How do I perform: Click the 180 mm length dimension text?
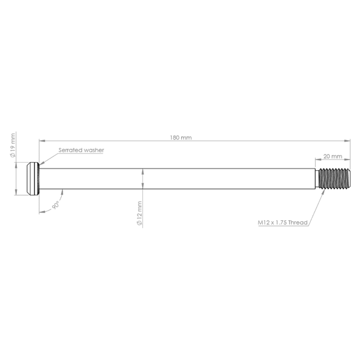click(x=181, y=138)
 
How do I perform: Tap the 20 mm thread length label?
click(x=332, y=156)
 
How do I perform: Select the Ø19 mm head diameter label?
click(x=13, y=146)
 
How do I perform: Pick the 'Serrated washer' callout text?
click(x=82, y=150)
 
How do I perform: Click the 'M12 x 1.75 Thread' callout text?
click(x=283, y=223)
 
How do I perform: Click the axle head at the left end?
click(x=32, y=178)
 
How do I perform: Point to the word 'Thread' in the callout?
click(x=298, y=223)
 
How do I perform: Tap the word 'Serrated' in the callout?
click(x=71, y=150)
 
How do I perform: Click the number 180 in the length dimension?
click(x=176, y=138)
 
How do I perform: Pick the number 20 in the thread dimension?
click(x=327, y=156)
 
